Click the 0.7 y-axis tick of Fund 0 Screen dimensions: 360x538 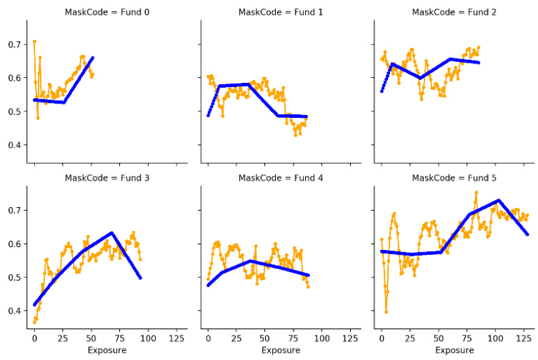tap(14, 44)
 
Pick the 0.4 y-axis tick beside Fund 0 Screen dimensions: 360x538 tap(14, 145)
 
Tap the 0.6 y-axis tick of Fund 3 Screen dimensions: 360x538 tap(14, 244)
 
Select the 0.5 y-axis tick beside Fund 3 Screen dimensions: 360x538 tap(14, 278)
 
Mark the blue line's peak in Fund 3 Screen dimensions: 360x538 tap(111, 233)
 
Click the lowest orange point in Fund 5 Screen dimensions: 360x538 tap(387, 311)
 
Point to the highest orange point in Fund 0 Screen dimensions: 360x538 tap(34, 41)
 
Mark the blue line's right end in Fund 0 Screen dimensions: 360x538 tap(93, 57)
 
